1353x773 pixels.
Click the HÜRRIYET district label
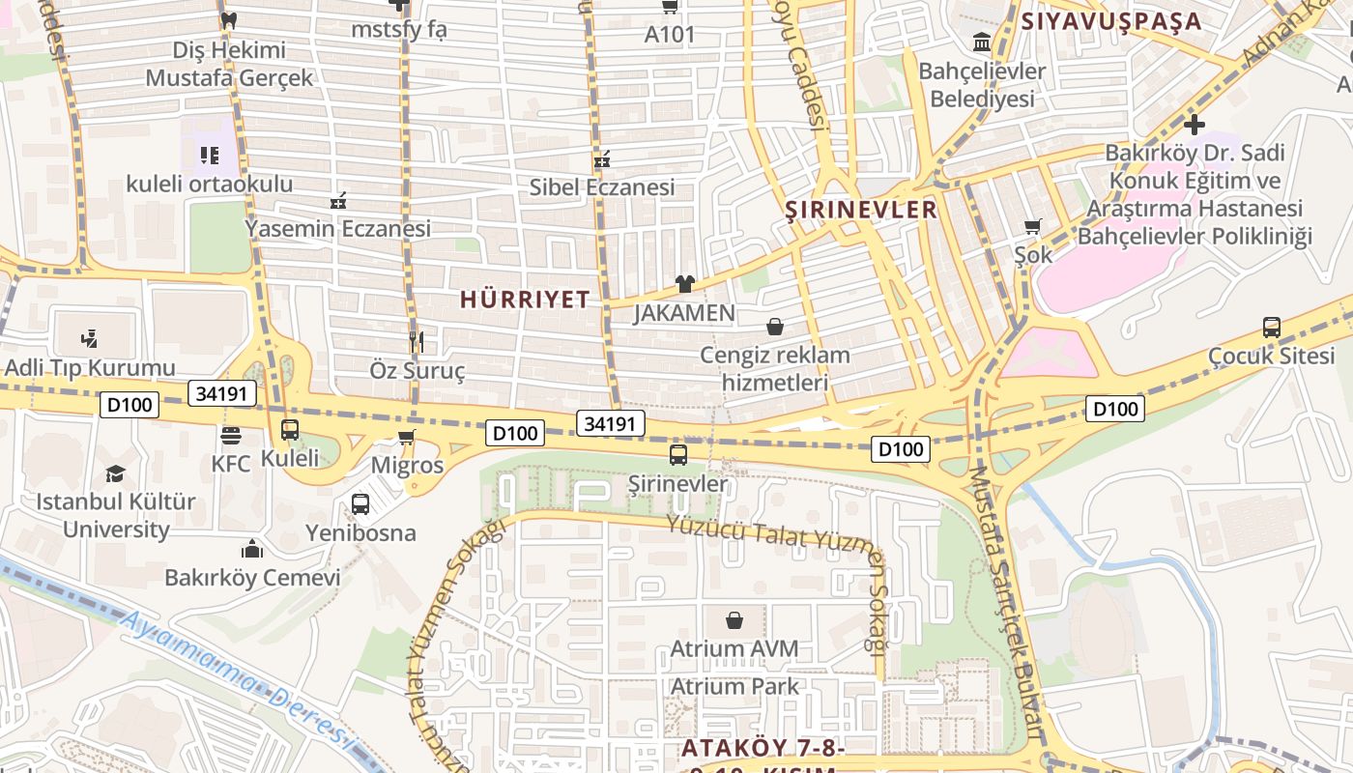click(x=525, y=300)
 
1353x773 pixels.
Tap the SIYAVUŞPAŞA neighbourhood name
click(x=1111, y=21)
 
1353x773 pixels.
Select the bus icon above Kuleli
click(x=289, y=430)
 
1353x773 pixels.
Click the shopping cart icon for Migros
click(x=407, y=438)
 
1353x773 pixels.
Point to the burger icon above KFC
click(x=230, y=436)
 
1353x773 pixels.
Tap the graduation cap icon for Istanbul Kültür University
click(x=115, y=473)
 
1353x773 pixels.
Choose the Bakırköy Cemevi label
click(x=252, y=578)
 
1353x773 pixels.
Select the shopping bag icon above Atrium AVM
click(x=734, y=619)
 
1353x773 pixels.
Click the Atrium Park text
click(x=734, y=687)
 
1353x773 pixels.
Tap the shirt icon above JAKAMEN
click(x=684, y=284)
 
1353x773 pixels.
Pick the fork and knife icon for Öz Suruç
click(x=417, y=341)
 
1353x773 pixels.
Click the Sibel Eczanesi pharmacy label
click(x=601, y=187)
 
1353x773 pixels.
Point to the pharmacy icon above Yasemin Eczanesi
click(x=337, y=201)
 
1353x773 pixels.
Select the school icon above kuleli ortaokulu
click(x=210, y=155)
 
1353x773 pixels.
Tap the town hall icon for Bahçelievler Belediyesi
click(x=982, y=43)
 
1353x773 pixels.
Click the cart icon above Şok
click(x=1032, y=226)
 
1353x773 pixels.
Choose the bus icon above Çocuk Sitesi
click(x=1271, y=328)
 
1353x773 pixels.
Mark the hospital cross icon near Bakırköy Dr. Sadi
click(x=1195, y=125)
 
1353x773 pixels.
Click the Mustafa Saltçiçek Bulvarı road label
click(x=1007, y=599)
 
